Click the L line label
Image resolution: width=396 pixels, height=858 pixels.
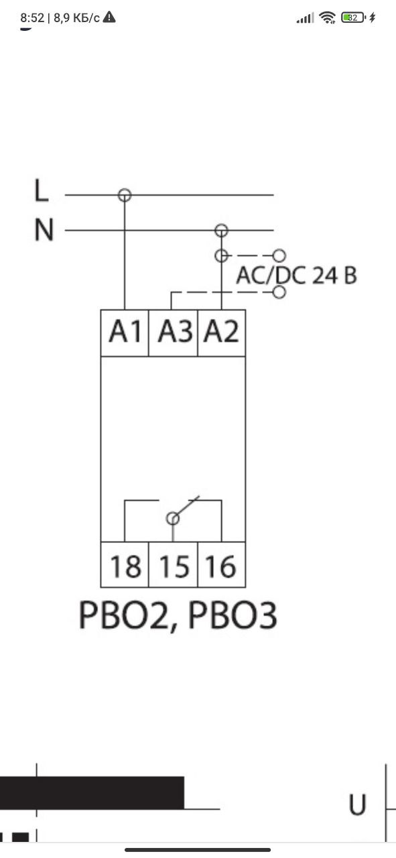click(x=42, y=190)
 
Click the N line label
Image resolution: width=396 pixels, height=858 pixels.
click(x=44, y=229)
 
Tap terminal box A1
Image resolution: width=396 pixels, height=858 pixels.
click(x=125, y=333)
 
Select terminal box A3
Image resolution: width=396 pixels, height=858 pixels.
click(x=173, y=333)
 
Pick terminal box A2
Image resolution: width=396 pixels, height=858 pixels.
click(x=221, y=333)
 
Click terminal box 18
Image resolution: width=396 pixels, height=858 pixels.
click(x=125, y=564)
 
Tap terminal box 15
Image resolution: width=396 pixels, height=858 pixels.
click(x=173, y=564)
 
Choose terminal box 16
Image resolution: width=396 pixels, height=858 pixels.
click(x=221, y=564)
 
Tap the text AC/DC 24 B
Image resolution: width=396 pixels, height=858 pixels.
click(x=296, y=275)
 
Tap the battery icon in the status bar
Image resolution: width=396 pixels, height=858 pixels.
click(x=352, y=17)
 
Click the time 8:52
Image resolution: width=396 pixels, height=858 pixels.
click(x=32, y=17)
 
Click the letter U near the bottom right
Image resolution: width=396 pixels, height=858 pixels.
click(x=357, y=804)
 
